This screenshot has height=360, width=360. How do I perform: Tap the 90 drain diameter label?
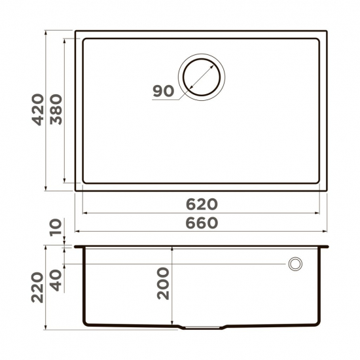pos(164,91)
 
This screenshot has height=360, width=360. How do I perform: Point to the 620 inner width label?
pos(200,204)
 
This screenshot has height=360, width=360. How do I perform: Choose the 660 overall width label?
pos(200,223)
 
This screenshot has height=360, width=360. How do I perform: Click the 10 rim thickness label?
pos(55,228)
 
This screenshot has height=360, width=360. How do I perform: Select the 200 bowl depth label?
pos(162,283)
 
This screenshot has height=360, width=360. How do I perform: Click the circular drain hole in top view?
pos(202,74)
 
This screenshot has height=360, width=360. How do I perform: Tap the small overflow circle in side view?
pos(295,264)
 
